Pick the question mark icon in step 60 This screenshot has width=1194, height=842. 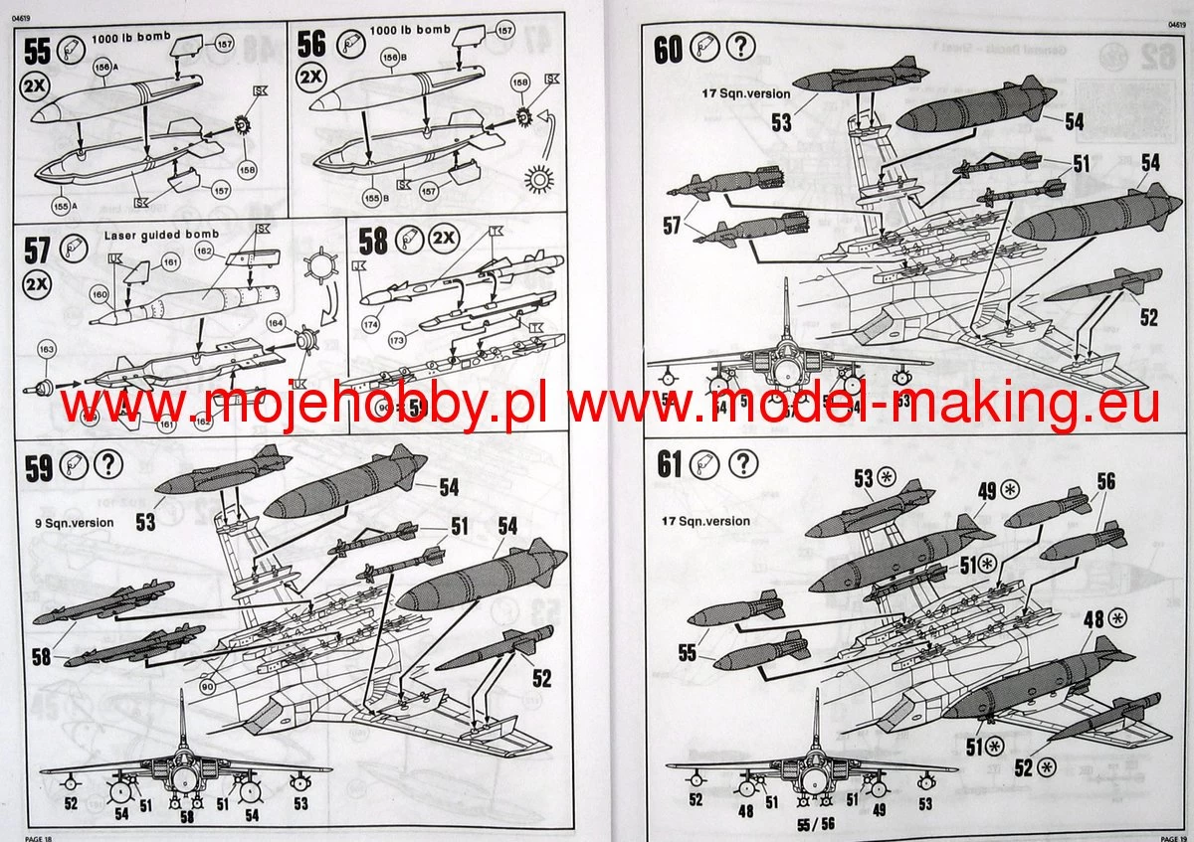pyautogui.click(x=740, y=47)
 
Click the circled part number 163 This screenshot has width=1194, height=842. pyautogui.click(x=46, y=349)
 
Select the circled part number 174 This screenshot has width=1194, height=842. pyautogui.click(x=373, y=325)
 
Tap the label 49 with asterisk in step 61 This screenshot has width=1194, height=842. pyautogui.click(x=998, y=488)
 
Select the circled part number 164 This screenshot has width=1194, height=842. pyautogui.click(x=277, y=322)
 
